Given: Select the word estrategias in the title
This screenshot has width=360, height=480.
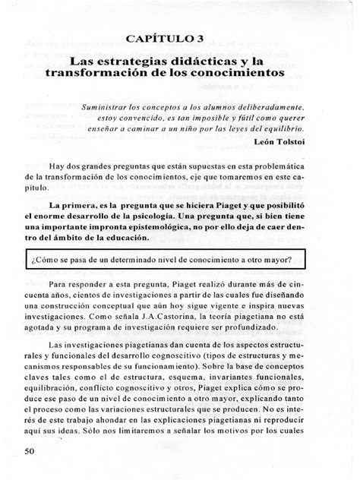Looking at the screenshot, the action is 141,59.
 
